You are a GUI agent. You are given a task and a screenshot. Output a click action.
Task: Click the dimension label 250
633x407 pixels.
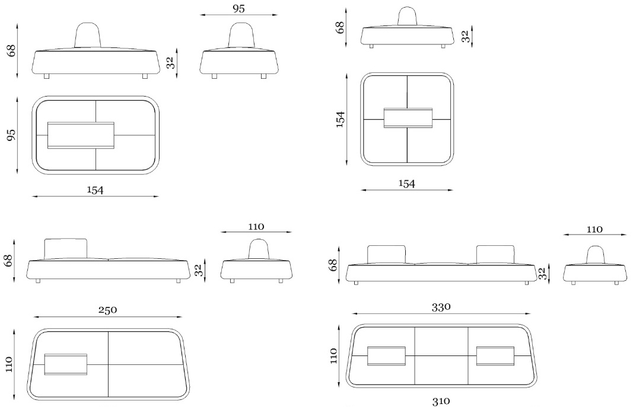click(x=107, y=310)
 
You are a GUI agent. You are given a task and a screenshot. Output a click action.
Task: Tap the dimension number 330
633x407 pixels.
click(x=441, y=307)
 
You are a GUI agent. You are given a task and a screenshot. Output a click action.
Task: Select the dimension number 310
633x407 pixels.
click(x=441, y=401)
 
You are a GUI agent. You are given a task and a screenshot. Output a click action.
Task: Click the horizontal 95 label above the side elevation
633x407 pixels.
click(x=238, y=8)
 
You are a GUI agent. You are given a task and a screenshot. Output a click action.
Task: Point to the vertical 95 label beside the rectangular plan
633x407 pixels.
click(x=11, y=134)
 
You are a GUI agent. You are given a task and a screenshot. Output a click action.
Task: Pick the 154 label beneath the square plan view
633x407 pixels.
click(x=406, y=184)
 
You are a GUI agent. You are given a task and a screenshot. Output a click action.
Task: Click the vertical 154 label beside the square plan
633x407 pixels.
click(x=340, y=119)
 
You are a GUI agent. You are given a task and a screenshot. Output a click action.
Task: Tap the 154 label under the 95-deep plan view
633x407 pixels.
click(x=96, y=190)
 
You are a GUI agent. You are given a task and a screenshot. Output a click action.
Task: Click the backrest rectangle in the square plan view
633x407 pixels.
click(x=408, y=118)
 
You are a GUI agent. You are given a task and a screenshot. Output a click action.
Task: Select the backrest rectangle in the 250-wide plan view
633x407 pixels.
click(x=65, y=364)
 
